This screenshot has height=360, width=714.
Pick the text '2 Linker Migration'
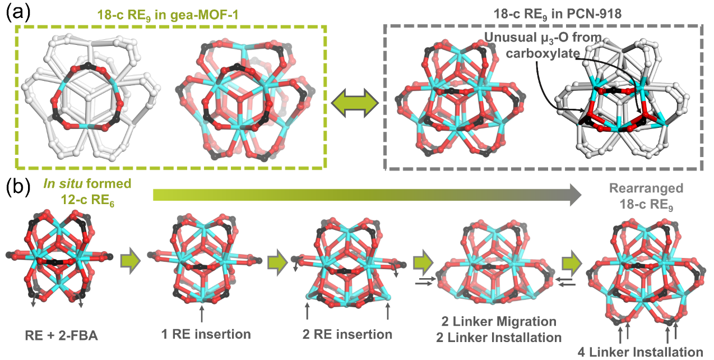coord(500,322)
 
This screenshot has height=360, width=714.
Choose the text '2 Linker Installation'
coord(500,337)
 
